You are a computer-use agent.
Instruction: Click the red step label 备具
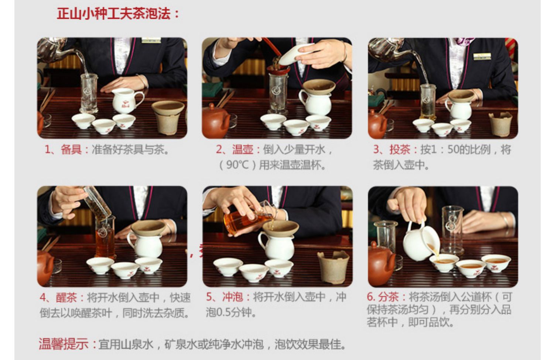tap(71, 150)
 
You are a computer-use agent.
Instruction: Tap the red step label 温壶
tap(242, 150)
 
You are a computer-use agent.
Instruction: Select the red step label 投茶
tap(400, 150)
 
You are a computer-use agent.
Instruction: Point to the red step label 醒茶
tap(66, 298)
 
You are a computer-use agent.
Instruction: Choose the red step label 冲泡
tap(232, 297)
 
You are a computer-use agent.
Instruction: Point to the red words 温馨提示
tap(64, 344)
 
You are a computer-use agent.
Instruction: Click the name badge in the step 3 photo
tap(482, 56)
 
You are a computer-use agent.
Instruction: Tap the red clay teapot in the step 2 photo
tap(216, 121)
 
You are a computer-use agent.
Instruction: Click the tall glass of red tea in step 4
tap(105, 237)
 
